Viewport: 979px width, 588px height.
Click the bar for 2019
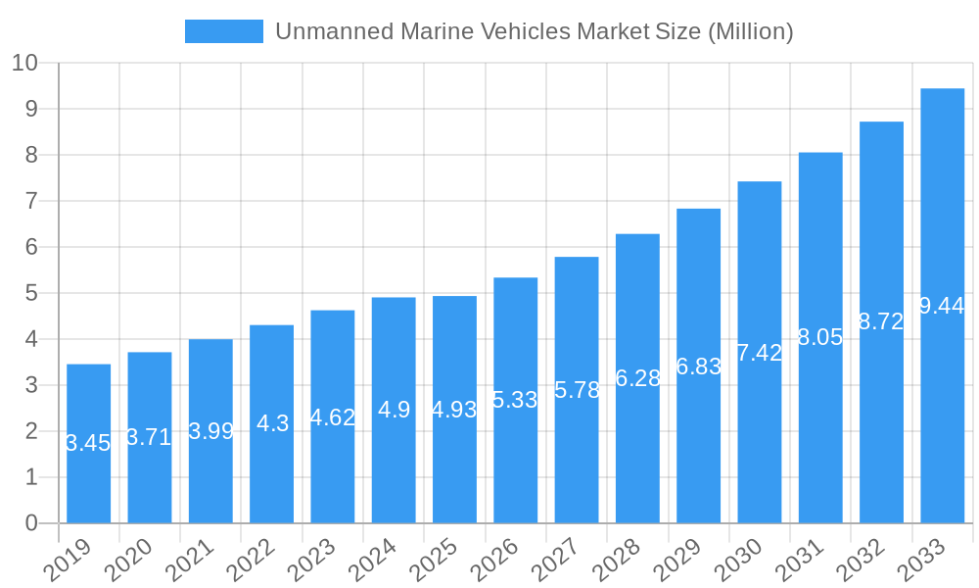click(x=88, y=443)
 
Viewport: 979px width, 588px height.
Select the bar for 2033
click(x=943, y=306)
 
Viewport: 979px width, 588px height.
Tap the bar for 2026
click(x=515, y=400)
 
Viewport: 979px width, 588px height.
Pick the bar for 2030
click(x=760, y=352)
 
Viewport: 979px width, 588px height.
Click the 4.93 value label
click(x=454, y=410)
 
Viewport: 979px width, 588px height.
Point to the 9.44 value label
click(x=943, y=306)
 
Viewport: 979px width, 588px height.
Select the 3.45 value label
click(x=88, y=443)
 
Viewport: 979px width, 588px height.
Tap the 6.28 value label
click(x=637, y=378)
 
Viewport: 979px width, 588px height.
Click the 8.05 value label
click(x=820, y=337)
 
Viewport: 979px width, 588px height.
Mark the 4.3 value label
click(x=272, y=423)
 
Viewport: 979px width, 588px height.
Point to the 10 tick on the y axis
click(x=24, y=63)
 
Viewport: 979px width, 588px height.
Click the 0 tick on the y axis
click(x=31, y=523)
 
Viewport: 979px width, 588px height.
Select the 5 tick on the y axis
click(x=31, y=293)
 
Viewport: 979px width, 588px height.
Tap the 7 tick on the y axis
click(x=31, y=201)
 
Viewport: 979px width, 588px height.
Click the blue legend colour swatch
click(x=224, y=31)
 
